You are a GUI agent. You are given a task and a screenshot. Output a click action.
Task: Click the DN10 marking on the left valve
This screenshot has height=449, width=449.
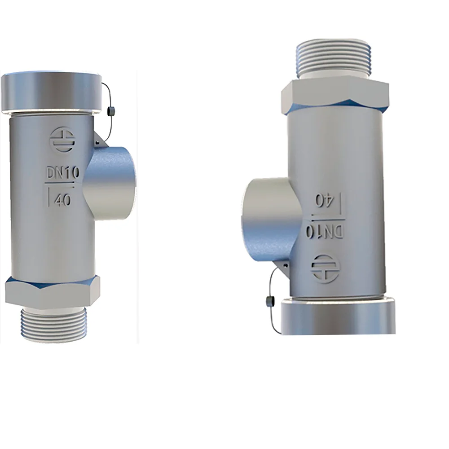click(62, 173)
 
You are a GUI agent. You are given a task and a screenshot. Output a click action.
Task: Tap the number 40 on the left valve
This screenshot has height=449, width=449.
click(62, 200)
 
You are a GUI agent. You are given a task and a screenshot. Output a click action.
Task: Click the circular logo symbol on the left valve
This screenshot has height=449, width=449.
click(62, 140)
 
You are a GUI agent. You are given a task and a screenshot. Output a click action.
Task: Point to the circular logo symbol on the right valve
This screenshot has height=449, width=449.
click(325, 268)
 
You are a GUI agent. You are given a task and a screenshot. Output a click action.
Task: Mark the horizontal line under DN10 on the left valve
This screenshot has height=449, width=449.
click(62, 183)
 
